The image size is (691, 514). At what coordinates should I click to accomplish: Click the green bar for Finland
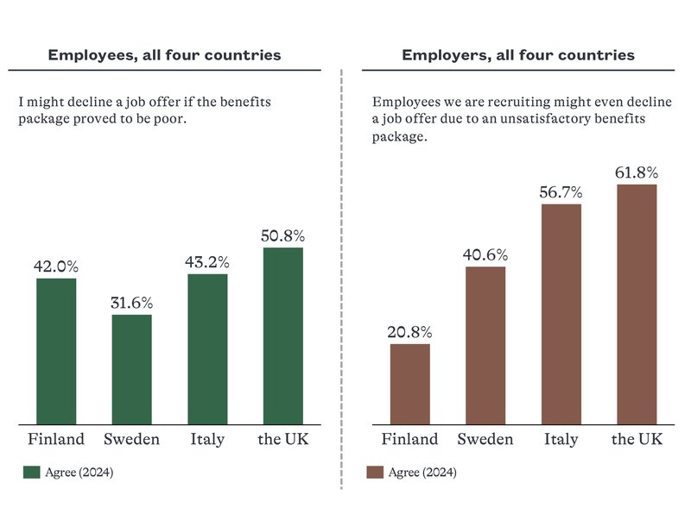point(56,351)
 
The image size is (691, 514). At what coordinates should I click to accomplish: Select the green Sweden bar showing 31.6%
point(131,369)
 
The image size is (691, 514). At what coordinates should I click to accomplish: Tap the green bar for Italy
point(207,348)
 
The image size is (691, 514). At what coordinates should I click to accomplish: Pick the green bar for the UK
point(282,335)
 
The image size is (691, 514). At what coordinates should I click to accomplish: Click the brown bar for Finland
point(409,384)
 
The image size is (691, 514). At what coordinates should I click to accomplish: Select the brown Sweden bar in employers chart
point(485,345)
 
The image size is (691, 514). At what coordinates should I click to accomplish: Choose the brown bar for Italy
point(561,314)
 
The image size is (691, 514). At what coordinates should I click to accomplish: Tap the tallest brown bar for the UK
point(637,304)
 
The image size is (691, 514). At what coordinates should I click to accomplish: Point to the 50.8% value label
point(282,235)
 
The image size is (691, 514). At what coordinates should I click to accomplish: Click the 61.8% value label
point(637,172)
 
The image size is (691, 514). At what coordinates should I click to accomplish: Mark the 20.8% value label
point(409,332)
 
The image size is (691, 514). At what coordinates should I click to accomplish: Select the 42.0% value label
point(56,266)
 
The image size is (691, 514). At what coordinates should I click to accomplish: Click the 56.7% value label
point(561,192)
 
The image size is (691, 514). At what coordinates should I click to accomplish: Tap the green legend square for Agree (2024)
point(31,473)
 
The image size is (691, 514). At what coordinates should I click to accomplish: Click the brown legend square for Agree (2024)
point(375,473)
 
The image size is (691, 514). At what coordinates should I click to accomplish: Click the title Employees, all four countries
point(164,55)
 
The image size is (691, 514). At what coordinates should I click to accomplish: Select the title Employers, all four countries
point(517,55)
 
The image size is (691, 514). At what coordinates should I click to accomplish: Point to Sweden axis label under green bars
point(131,440)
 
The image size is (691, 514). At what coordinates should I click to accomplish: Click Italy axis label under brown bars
point(561,440)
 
